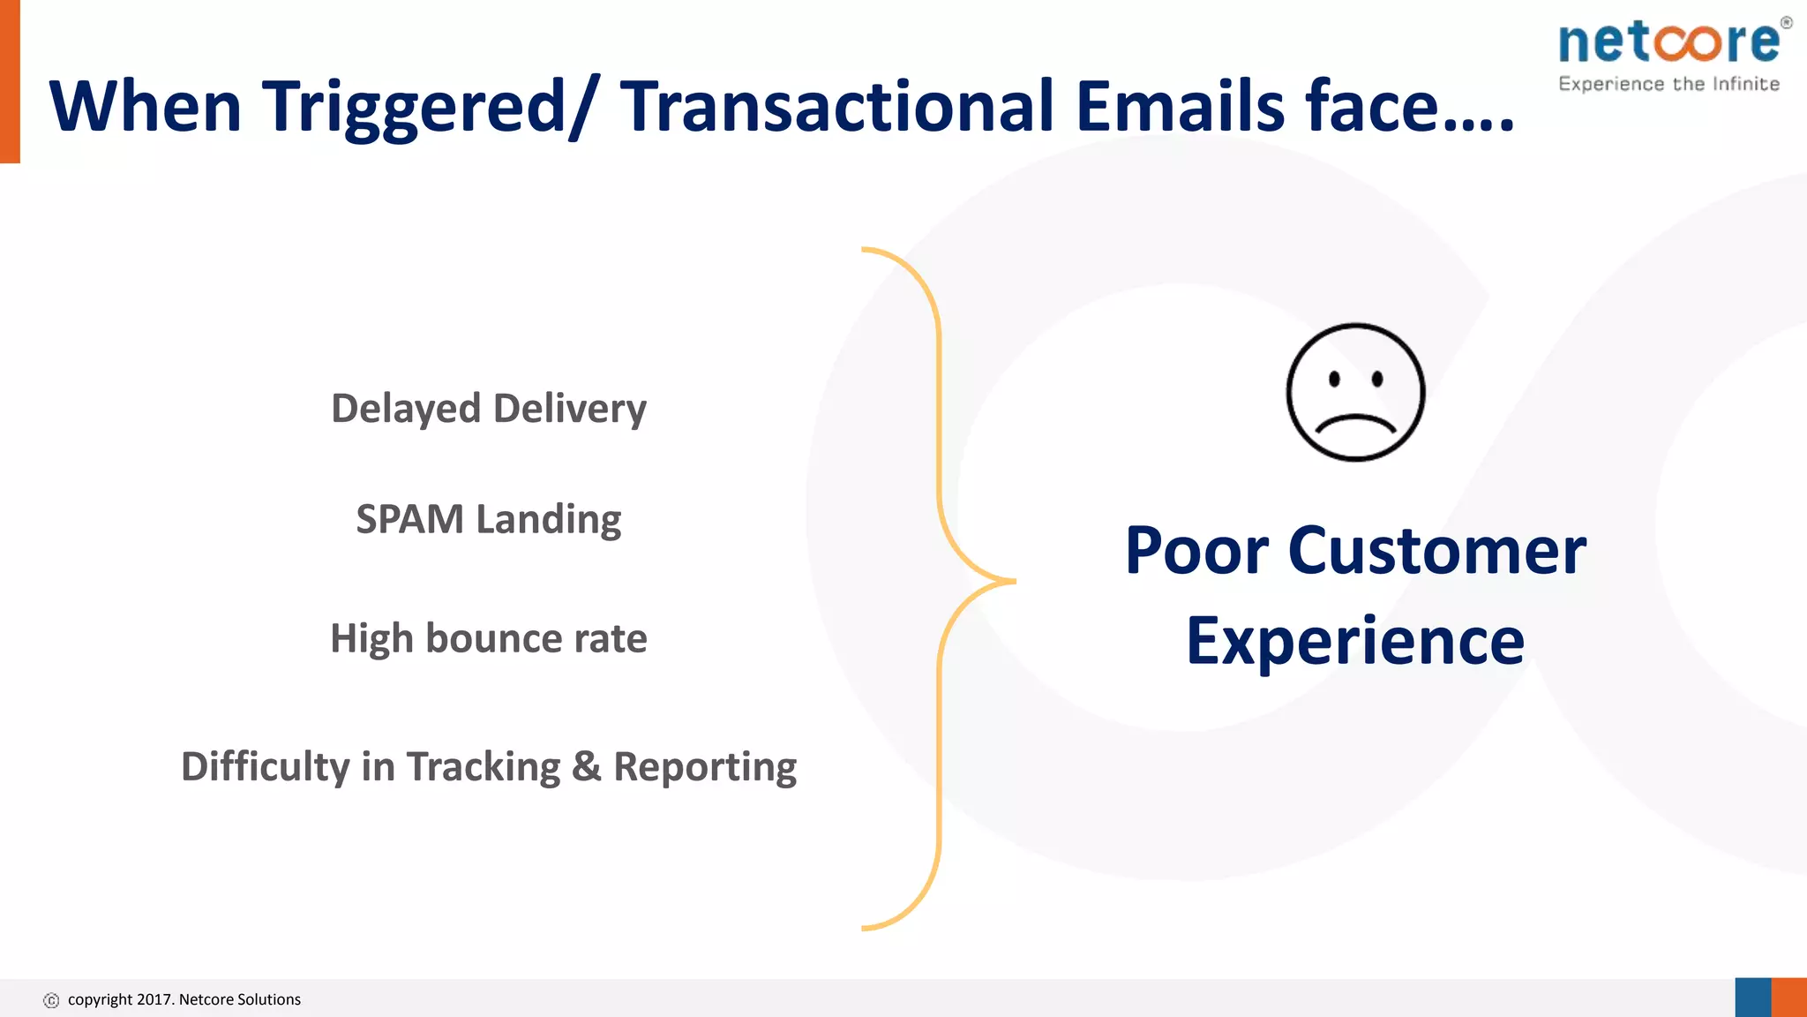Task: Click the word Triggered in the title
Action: (x=415, y=106)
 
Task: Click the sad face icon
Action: (x=1355, y=392)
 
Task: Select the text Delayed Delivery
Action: (x=489, y=409)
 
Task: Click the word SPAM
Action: (x=409, y=519)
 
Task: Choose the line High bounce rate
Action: (x=489, y=638)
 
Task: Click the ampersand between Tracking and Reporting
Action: (x=586, y=766)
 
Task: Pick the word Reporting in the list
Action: (x=705, y=766)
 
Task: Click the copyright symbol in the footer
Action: (x=51, y=1000)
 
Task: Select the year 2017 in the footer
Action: (x=155, y=999)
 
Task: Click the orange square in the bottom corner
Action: (x=1789, y=998)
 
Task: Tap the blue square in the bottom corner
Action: (x=1753, y=998)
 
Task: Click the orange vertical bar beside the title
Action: (x=10, y=81)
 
